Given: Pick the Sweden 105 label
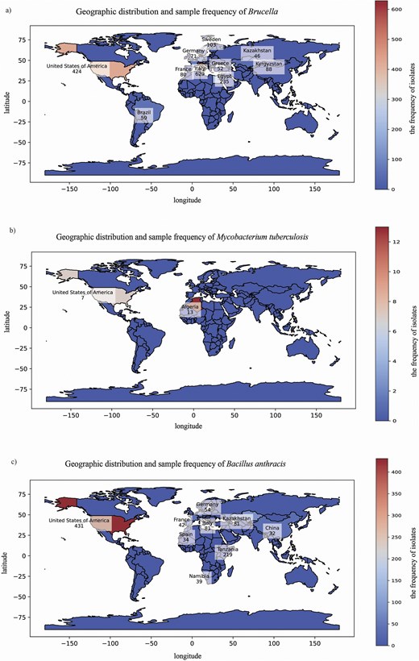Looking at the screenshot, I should (211, 42).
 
